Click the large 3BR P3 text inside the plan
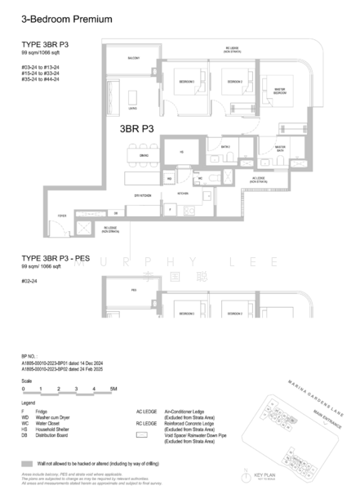[x=137, y=128]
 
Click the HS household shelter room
[x=182, y=151]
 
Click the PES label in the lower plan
[x=133, y=289]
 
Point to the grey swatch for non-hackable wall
[x=29, y=461]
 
